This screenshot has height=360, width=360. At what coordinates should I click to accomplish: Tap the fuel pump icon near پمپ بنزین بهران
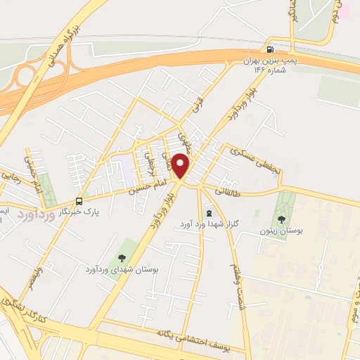tap(270, 49)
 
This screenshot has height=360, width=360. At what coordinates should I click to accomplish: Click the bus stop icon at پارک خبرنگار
tap(79, 200)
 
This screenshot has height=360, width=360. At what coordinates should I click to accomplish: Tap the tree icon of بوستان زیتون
tap(281, 219)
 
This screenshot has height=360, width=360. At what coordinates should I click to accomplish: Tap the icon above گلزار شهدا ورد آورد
tap(208, 212)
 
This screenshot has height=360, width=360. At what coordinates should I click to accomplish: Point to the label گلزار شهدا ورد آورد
tap(208, 224)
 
